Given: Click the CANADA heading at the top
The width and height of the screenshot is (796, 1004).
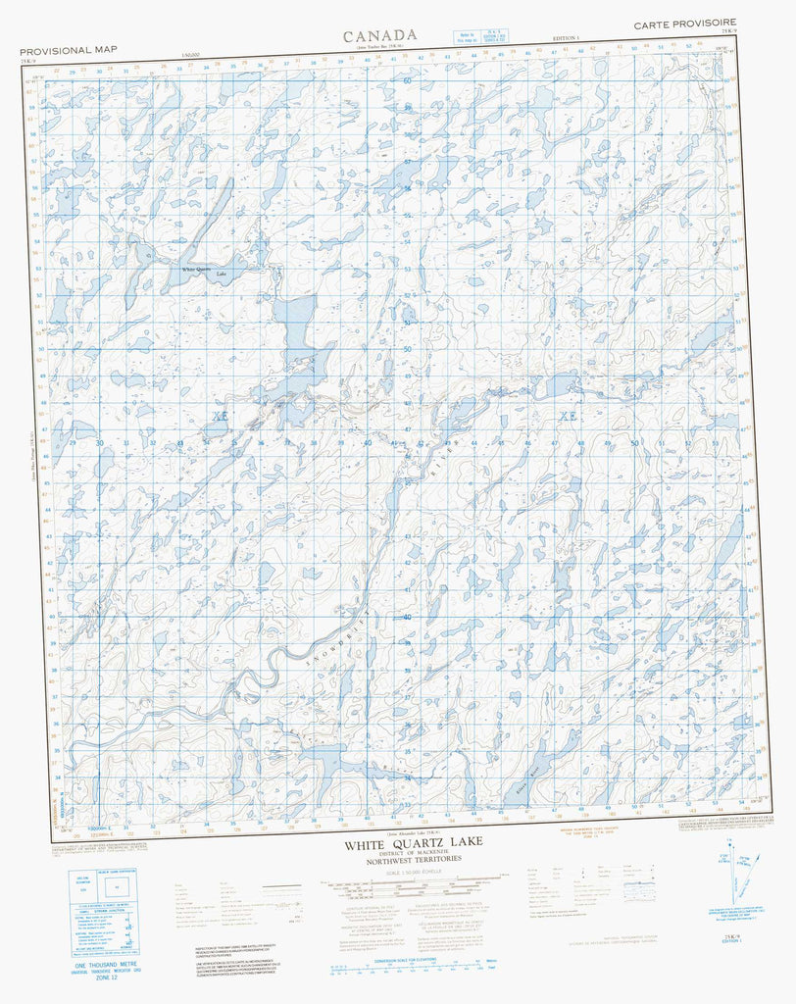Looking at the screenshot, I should click(x=380, y=35).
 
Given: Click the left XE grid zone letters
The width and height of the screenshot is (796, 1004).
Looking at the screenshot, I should click(x=218, y=417).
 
